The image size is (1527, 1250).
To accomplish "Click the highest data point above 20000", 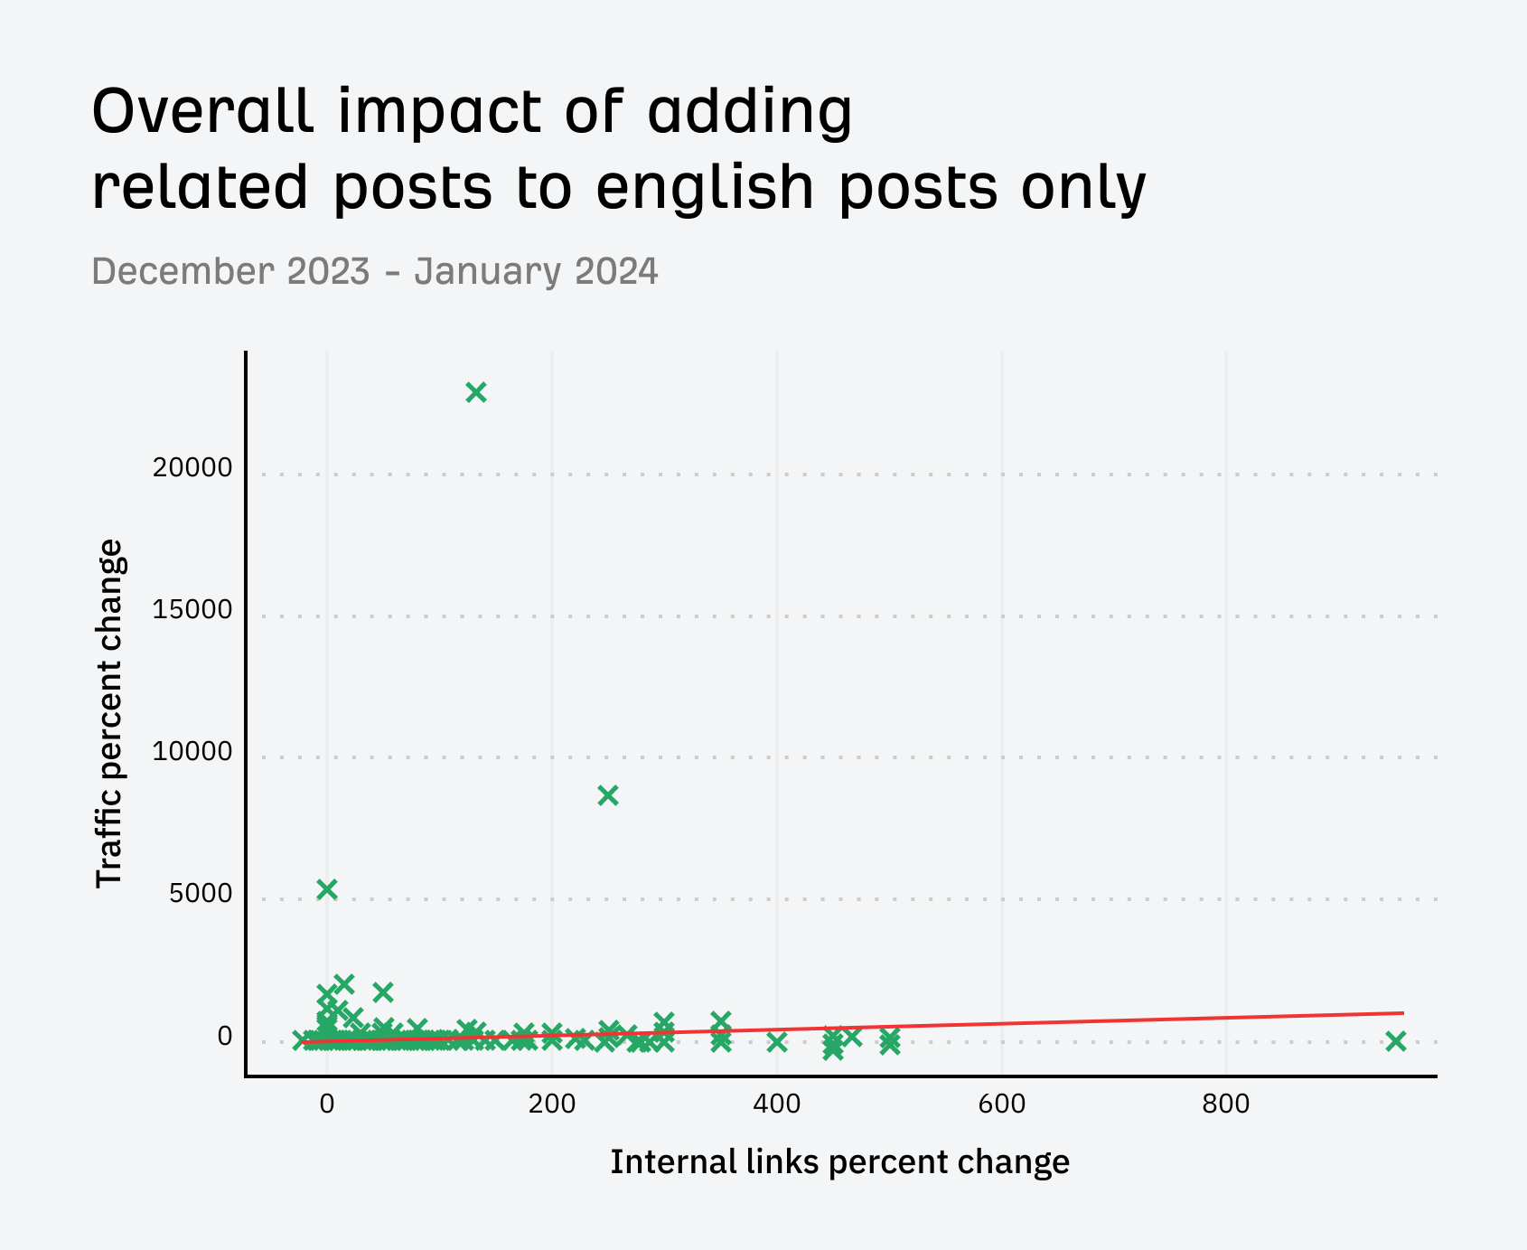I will pos(476,392).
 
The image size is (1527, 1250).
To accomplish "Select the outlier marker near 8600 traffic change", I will pos(608,795).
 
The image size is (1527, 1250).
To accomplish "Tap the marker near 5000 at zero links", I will pos(327,889).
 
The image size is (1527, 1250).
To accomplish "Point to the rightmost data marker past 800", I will pos(1396,1041).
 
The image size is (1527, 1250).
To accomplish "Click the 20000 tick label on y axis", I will pos(192,468).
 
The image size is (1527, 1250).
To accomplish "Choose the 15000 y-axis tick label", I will pos(192,610).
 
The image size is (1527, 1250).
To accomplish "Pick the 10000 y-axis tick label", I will pos(192,752).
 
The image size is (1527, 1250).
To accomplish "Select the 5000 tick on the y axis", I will pos(201,894).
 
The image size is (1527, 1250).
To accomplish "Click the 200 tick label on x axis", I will pos(552,1104).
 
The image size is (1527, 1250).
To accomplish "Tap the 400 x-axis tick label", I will pos(777,1104).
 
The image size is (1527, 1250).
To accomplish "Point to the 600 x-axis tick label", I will pos(1001,1104).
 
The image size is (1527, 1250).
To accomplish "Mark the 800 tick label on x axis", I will pos(1226,1104).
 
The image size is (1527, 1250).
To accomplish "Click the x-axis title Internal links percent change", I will pos(839,1162).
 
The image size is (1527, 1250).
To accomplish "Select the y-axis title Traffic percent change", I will pos(109,713).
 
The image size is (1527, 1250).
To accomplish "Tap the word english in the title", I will pos(706,188).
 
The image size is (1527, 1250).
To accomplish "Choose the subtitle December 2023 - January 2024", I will pos(375,271).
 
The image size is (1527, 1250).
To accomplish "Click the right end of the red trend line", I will pos(1402,1013).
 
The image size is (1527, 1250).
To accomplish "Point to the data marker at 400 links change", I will pos(777,1042).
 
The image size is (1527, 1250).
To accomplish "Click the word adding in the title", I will pos(750,111).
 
